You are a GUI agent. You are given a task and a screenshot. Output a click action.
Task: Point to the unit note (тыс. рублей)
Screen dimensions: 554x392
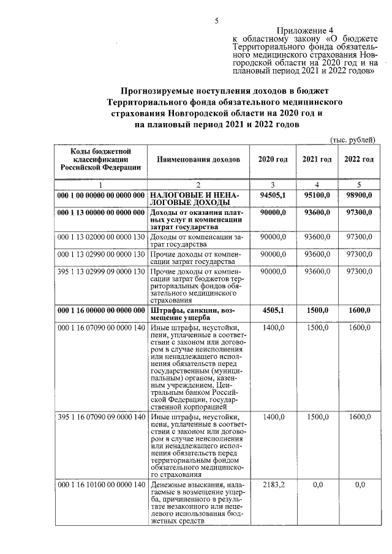[352, 140]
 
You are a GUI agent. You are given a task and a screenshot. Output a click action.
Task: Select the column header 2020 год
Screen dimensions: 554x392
[273, 160]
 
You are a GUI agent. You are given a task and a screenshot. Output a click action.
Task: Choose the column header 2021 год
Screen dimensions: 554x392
[317, 160]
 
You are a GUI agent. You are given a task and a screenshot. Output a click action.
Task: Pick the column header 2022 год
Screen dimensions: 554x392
[359, 160]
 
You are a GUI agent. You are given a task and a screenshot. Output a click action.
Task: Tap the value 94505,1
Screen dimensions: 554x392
[273, 195]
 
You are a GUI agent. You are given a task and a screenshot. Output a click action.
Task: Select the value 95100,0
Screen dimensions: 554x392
[317, 195]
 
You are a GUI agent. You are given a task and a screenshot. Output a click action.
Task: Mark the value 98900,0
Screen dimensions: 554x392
[359, 195]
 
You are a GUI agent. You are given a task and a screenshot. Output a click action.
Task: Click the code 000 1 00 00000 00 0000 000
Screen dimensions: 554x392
[100, 195]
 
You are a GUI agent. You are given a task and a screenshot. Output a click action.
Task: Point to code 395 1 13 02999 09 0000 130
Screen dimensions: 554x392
[100, 271]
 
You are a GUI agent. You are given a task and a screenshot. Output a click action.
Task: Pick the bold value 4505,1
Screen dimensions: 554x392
[274, 310]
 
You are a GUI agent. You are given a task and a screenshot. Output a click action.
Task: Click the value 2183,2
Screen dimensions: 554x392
[274, 485]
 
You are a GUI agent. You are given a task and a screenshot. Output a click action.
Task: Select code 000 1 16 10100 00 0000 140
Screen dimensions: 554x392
[100, 485]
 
